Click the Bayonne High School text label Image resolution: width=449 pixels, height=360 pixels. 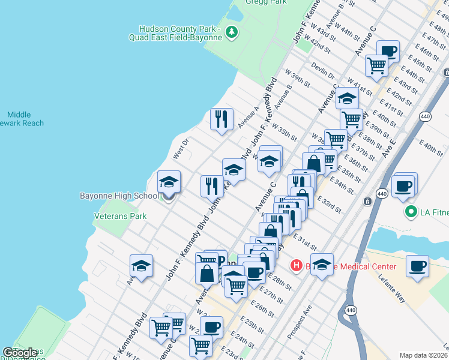(x=119, y=196)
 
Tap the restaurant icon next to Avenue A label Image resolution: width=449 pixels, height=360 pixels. (x=221, y=119)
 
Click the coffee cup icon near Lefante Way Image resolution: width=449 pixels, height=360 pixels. (x=417, y=266)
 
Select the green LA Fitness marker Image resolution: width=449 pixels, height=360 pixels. (x=411, y=211)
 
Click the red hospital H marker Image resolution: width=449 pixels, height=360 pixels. (x=296, y=265)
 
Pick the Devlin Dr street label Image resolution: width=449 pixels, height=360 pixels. (x=323, y=71)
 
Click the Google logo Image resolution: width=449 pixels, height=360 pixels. (x=20, y=353)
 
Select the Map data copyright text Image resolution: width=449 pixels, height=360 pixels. (x=424, y=355)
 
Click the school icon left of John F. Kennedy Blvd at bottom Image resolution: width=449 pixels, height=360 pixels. (x=141, y=266)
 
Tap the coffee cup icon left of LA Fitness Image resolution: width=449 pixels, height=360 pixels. (x=403, y=186)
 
